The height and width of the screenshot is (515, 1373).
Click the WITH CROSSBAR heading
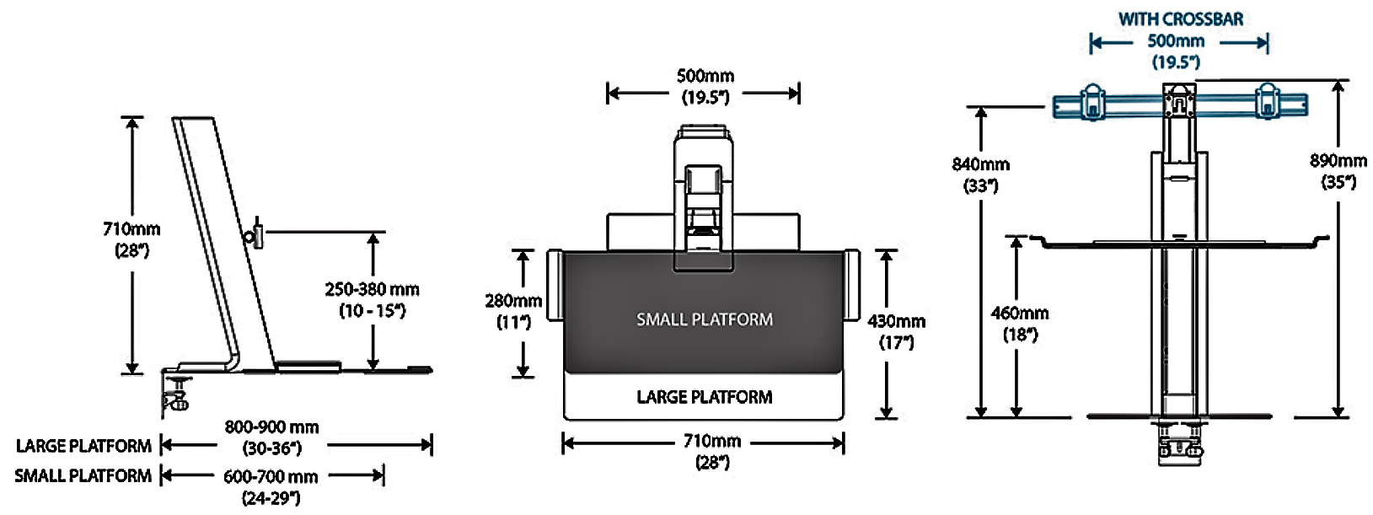1180,19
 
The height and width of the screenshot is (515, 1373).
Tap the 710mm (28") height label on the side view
131,239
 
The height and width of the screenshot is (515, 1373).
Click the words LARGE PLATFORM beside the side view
83,446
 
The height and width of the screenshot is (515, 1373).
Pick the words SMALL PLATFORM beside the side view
83,475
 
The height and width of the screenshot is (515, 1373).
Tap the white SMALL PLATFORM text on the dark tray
704,319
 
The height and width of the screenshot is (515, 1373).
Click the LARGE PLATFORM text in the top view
704,397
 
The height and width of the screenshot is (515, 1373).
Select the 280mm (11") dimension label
513,310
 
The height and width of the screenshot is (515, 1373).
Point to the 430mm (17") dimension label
896,331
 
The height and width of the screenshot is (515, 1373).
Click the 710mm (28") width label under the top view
711,451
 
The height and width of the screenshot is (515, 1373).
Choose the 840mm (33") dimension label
980,174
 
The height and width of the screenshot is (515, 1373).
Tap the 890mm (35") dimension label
1338,170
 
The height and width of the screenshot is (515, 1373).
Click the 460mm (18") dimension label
1019,323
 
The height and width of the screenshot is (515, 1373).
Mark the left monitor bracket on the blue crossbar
1092,101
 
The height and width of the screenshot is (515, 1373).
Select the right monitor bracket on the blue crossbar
1268,101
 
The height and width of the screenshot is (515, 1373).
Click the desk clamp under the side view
176,394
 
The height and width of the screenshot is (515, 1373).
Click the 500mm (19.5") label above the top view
705,86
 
